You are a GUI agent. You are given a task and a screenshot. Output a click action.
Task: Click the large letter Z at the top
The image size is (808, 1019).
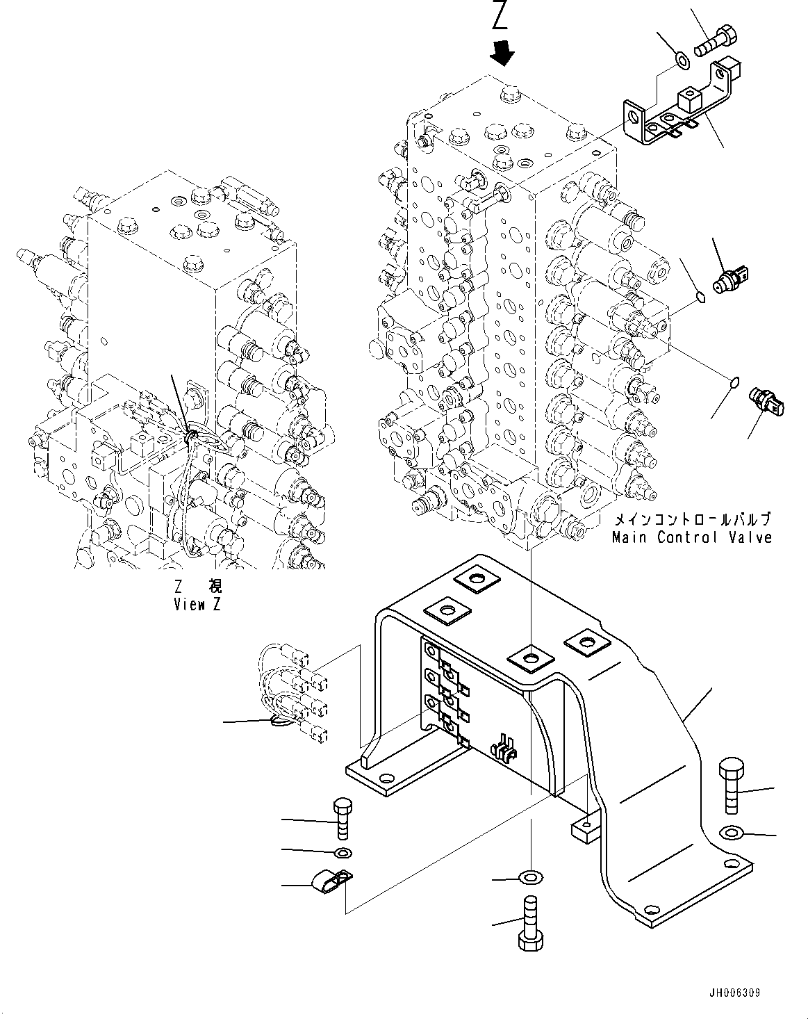[500, 16]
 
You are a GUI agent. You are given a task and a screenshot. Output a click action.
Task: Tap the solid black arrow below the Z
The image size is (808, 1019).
[502, 51]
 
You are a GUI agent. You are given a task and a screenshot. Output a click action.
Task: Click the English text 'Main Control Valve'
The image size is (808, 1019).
[691, 537]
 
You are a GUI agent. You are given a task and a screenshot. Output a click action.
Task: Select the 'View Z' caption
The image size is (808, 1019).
[197, 604]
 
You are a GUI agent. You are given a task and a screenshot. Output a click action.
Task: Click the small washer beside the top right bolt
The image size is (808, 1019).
[682, 62]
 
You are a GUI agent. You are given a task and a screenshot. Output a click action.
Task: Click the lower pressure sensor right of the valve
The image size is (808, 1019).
[766, 401]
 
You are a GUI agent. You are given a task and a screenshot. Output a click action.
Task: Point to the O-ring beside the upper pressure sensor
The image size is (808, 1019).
[701, 297]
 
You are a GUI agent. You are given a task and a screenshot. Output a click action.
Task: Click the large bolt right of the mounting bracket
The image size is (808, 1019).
[732, 783]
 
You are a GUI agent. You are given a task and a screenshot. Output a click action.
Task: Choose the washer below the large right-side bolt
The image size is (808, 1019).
[732, 831]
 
